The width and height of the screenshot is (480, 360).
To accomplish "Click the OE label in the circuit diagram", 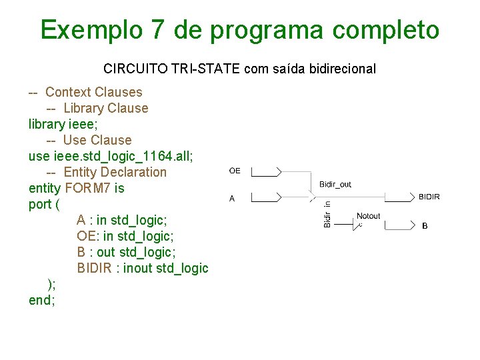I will (x=235, y=171).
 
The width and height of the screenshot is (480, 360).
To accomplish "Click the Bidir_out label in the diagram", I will (x=335, y=184).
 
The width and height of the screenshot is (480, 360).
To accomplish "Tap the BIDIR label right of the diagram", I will (x=429, y=197).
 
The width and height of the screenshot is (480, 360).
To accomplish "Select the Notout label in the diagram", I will (x=369, y=216).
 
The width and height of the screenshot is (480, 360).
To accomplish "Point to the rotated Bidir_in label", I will (x=327, y=215).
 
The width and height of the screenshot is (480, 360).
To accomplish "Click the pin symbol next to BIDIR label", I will (x=401, y=197).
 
